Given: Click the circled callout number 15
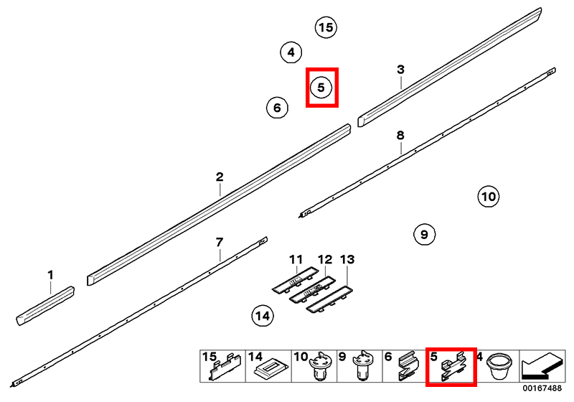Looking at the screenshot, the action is click(x=326, y=27).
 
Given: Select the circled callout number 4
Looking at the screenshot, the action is click(x=291, y=52).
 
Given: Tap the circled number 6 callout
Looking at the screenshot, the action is click(x=277, y=108).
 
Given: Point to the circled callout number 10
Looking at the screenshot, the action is click(x=489, y=197).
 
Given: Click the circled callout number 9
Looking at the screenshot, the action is click(x=424, y=234).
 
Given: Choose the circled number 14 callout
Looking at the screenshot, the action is click(x=263, y=316).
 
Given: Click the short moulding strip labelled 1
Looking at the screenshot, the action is click(x=45, y=306).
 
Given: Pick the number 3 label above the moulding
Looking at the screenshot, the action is click(x=401, y=69).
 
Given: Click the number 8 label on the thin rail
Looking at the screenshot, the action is click(x=400, y=136).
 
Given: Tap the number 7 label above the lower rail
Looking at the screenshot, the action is click(x=220, y=243).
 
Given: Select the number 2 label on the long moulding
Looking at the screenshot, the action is click(x=220, y=177).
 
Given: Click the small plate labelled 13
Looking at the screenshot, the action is click(x=329, y=300).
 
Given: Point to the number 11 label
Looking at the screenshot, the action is click(x=296, y=260).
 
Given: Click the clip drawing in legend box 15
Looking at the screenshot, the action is click(x=225, y=367).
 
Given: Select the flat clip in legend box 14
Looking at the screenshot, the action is click(x=272, y=369).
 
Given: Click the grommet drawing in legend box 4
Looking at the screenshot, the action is click(x=499, y=366).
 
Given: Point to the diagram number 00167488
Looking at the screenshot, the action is click(x=542, y=388).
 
